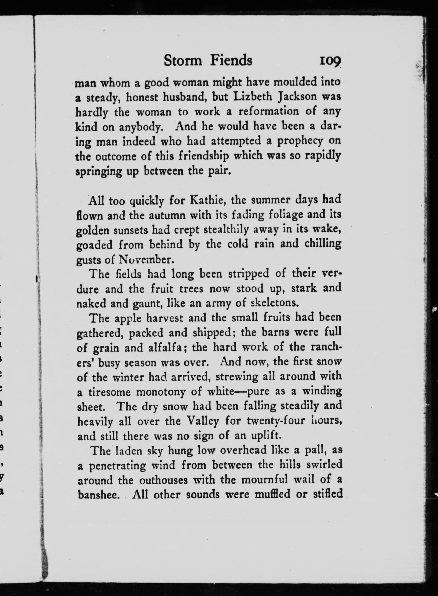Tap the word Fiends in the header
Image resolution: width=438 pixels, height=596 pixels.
(x=231, y=60)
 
